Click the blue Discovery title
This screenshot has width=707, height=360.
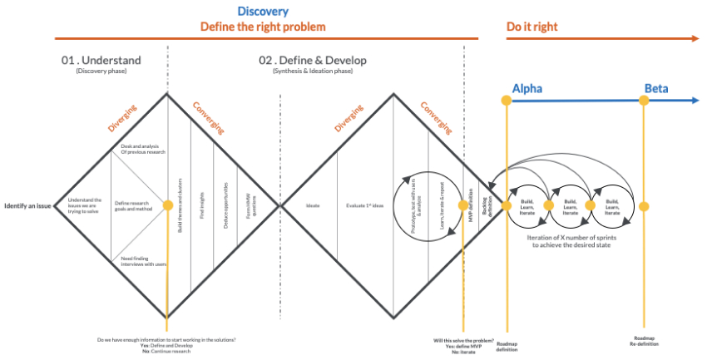(x=262, y=12)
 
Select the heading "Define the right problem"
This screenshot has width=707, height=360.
(x=262, y=27)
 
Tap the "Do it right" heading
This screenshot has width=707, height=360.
(x=532, y=27)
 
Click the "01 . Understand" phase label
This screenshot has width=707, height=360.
(x=101, y=61)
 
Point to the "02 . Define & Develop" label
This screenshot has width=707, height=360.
(x=312, y=61)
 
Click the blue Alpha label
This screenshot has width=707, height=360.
(x=527, y=88)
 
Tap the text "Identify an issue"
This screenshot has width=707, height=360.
(x=28, y=205)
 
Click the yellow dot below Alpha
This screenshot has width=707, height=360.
(x=505, y=101)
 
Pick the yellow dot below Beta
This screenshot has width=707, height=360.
(x=643, y=101)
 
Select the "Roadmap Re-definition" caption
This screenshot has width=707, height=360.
(x=644, y=342)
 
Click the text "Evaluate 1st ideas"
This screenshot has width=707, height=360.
(x=365, y=205)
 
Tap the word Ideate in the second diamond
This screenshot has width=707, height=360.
(x=313, y=205)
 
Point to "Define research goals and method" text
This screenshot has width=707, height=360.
(x=134, y=205)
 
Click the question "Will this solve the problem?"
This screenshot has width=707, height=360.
(x=463, y=341)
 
